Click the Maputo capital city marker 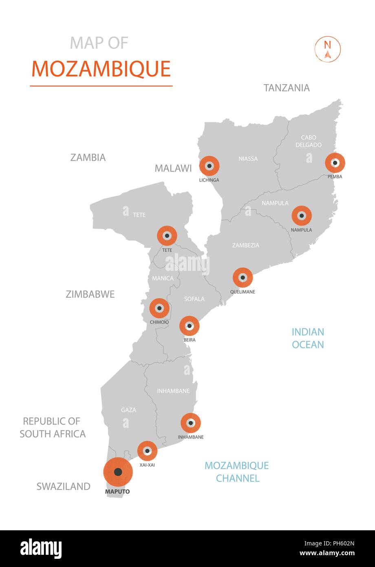click(118, 472)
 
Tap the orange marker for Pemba click(335, 163)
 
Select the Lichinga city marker click(209, 166)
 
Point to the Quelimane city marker click(243, 278)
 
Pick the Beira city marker click(190, 326)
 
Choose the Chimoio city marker click(159, 308)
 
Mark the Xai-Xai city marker click(147, 451)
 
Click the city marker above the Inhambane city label click(191, 423)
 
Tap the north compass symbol click(327, 49)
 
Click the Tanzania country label click(287, 88)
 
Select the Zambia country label click(88, 157)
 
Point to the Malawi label click(173, 168)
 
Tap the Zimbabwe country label click(90, 294)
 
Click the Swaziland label click(64, 486)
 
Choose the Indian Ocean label click(308, 338)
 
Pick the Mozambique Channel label click(237, 472)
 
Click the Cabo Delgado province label click(309, 141)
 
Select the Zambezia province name click(245, 245)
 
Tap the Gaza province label click(128, 410)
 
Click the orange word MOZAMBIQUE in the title click(101, 69)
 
